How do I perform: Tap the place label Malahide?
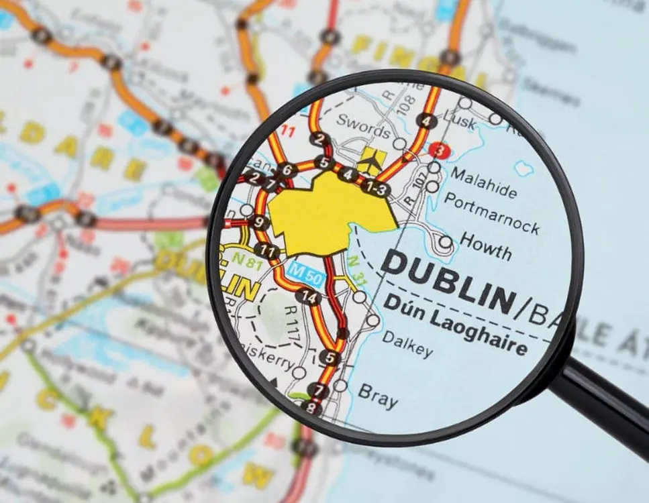[x=484, y=182]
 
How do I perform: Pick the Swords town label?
[x=363, y=125]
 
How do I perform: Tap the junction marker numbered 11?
[x=268, y=252]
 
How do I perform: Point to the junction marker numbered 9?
[x=259, y=223]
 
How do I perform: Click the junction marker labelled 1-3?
[x=375, y=188]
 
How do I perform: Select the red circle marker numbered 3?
[x=439, y=150]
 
